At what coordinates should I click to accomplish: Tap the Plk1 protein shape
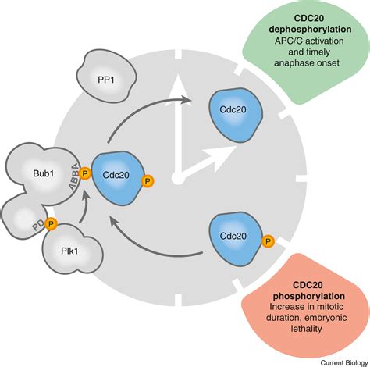pos(74,253)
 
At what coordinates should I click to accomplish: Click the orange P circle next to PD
pos(51,224)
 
